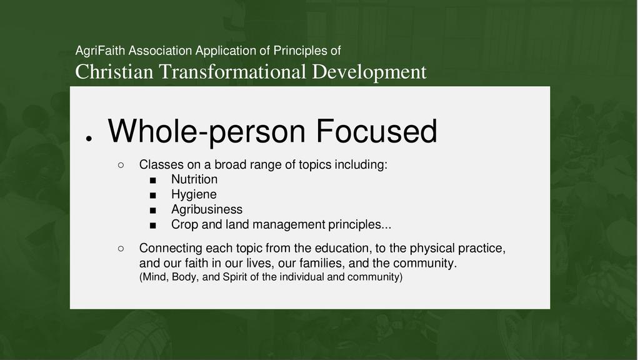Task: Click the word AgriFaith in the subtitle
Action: (x=99, y=51)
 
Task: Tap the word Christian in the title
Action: (x=114, y=72)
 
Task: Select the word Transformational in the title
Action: (x=232, y=72)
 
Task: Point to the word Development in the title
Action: (x=369, y=72)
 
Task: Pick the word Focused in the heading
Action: (x=376, y=131)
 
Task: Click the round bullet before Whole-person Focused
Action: (x=89, y=139)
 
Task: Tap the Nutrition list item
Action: (x=194, y=179)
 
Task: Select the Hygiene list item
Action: (x=194, y=195)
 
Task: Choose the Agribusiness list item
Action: (x=207, y=209)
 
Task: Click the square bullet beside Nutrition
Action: (x=153, y=181)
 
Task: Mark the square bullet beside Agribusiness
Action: (x=153, y=211)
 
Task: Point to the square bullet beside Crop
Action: (x=153, y=226)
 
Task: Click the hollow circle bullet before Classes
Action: (x=121, y=165)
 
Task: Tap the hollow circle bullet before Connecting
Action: (x=121, y=249)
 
